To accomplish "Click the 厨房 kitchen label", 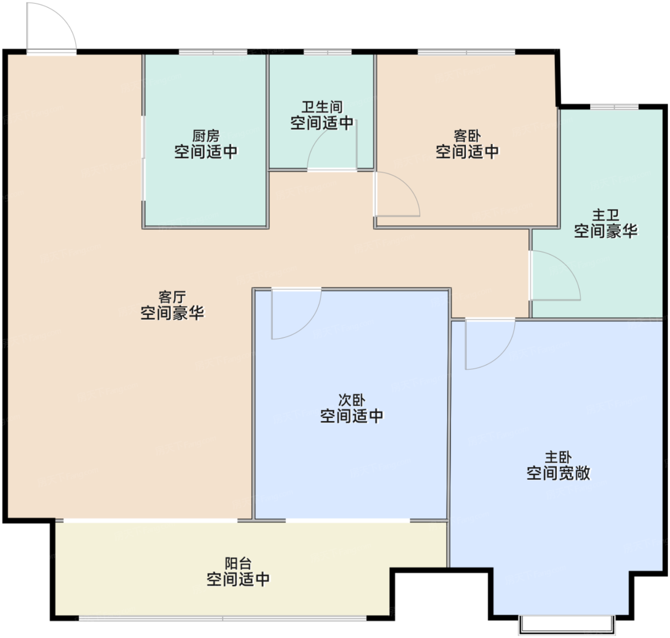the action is (205, 136).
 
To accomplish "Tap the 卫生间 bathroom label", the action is (322, 107).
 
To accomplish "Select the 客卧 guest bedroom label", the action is (467, 136).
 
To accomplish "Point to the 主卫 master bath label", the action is (605, 215).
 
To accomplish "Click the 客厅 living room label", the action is (172, 297).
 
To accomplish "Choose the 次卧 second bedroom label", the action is (352, 400).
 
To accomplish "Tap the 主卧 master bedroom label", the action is (558, 457).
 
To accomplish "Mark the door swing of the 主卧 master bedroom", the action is (501, 355).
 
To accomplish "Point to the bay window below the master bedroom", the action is (567, 625).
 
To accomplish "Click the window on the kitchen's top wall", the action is (213, 52).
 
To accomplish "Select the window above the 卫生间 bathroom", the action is (327, 52).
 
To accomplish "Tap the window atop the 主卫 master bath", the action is (614, 107).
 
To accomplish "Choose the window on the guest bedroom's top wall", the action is (466, 52).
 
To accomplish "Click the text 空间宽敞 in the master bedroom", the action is (558, 473).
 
